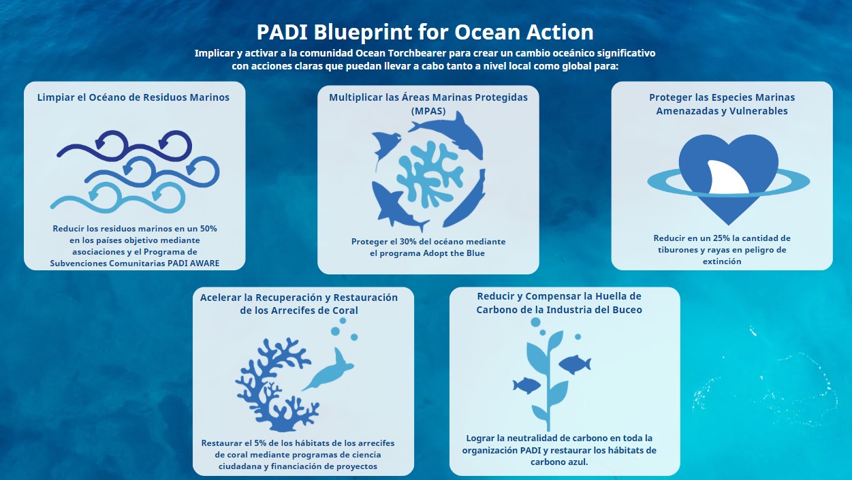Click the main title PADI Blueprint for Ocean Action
point(425,32)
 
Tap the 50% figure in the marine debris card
point(208,229)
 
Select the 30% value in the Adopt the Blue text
point(408,242)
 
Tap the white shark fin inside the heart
point(727,177)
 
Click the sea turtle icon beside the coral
point(328,370)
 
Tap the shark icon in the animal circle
point(398,206)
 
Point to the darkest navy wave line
point(125,146)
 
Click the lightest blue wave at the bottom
point(118,197)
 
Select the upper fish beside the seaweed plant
point(575,364)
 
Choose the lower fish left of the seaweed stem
point(526,385)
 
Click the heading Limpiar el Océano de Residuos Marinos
point(133,97)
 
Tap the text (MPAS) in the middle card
point(428,111)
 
